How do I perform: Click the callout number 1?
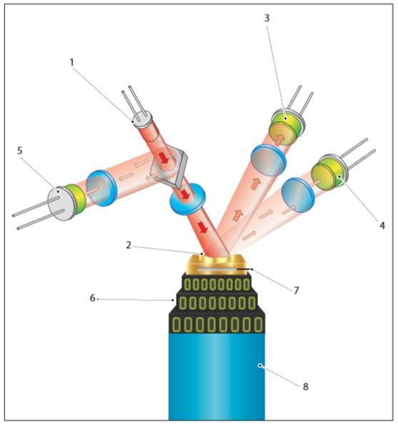71,62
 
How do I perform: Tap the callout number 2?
129,245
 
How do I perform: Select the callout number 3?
267,18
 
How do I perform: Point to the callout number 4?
382,225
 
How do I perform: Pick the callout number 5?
20,151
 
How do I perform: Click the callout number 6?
92,298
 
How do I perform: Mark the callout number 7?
297,290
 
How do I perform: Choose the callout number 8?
305,387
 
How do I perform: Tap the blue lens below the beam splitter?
187,199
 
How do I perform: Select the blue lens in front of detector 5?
101,188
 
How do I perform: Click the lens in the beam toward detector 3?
268,160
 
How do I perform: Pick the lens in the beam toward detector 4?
298,194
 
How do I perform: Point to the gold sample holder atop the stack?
217,264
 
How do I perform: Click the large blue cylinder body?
217,376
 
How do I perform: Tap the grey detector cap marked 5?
61,203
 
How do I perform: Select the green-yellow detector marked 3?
287,127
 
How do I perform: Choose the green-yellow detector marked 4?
329,172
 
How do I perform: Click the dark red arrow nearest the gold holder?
203,227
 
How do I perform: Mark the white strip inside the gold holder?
217,270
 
